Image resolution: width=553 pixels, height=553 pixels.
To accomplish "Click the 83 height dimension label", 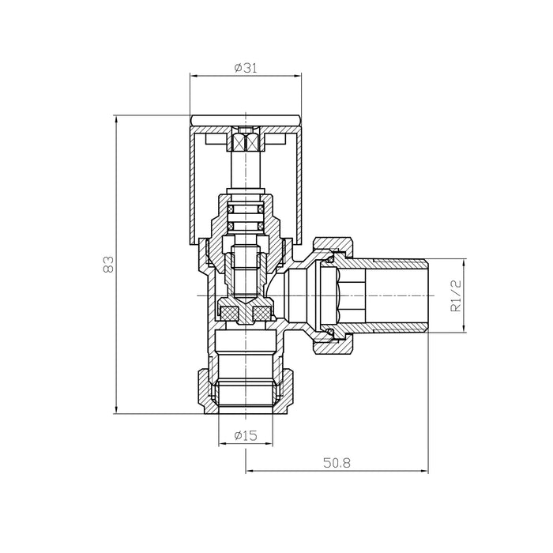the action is point(109,264).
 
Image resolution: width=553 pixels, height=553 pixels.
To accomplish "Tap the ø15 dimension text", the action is point(246,435).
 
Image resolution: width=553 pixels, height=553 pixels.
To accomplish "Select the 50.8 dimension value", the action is point(337,463).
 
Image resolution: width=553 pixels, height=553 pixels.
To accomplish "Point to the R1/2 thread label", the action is point(456,295).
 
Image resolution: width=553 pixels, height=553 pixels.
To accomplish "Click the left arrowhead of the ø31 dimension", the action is point(194,75).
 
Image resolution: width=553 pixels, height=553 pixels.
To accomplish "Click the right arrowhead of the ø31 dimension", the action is point(298,75).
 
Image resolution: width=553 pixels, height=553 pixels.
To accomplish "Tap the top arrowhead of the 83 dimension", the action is point(116,119).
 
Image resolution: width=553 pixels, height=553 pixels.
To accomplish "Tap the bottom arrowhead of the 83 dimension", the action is point(116,409).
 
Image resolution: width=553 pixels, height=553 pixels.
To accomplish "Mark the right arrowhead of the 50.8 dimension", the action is point(425,470).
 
